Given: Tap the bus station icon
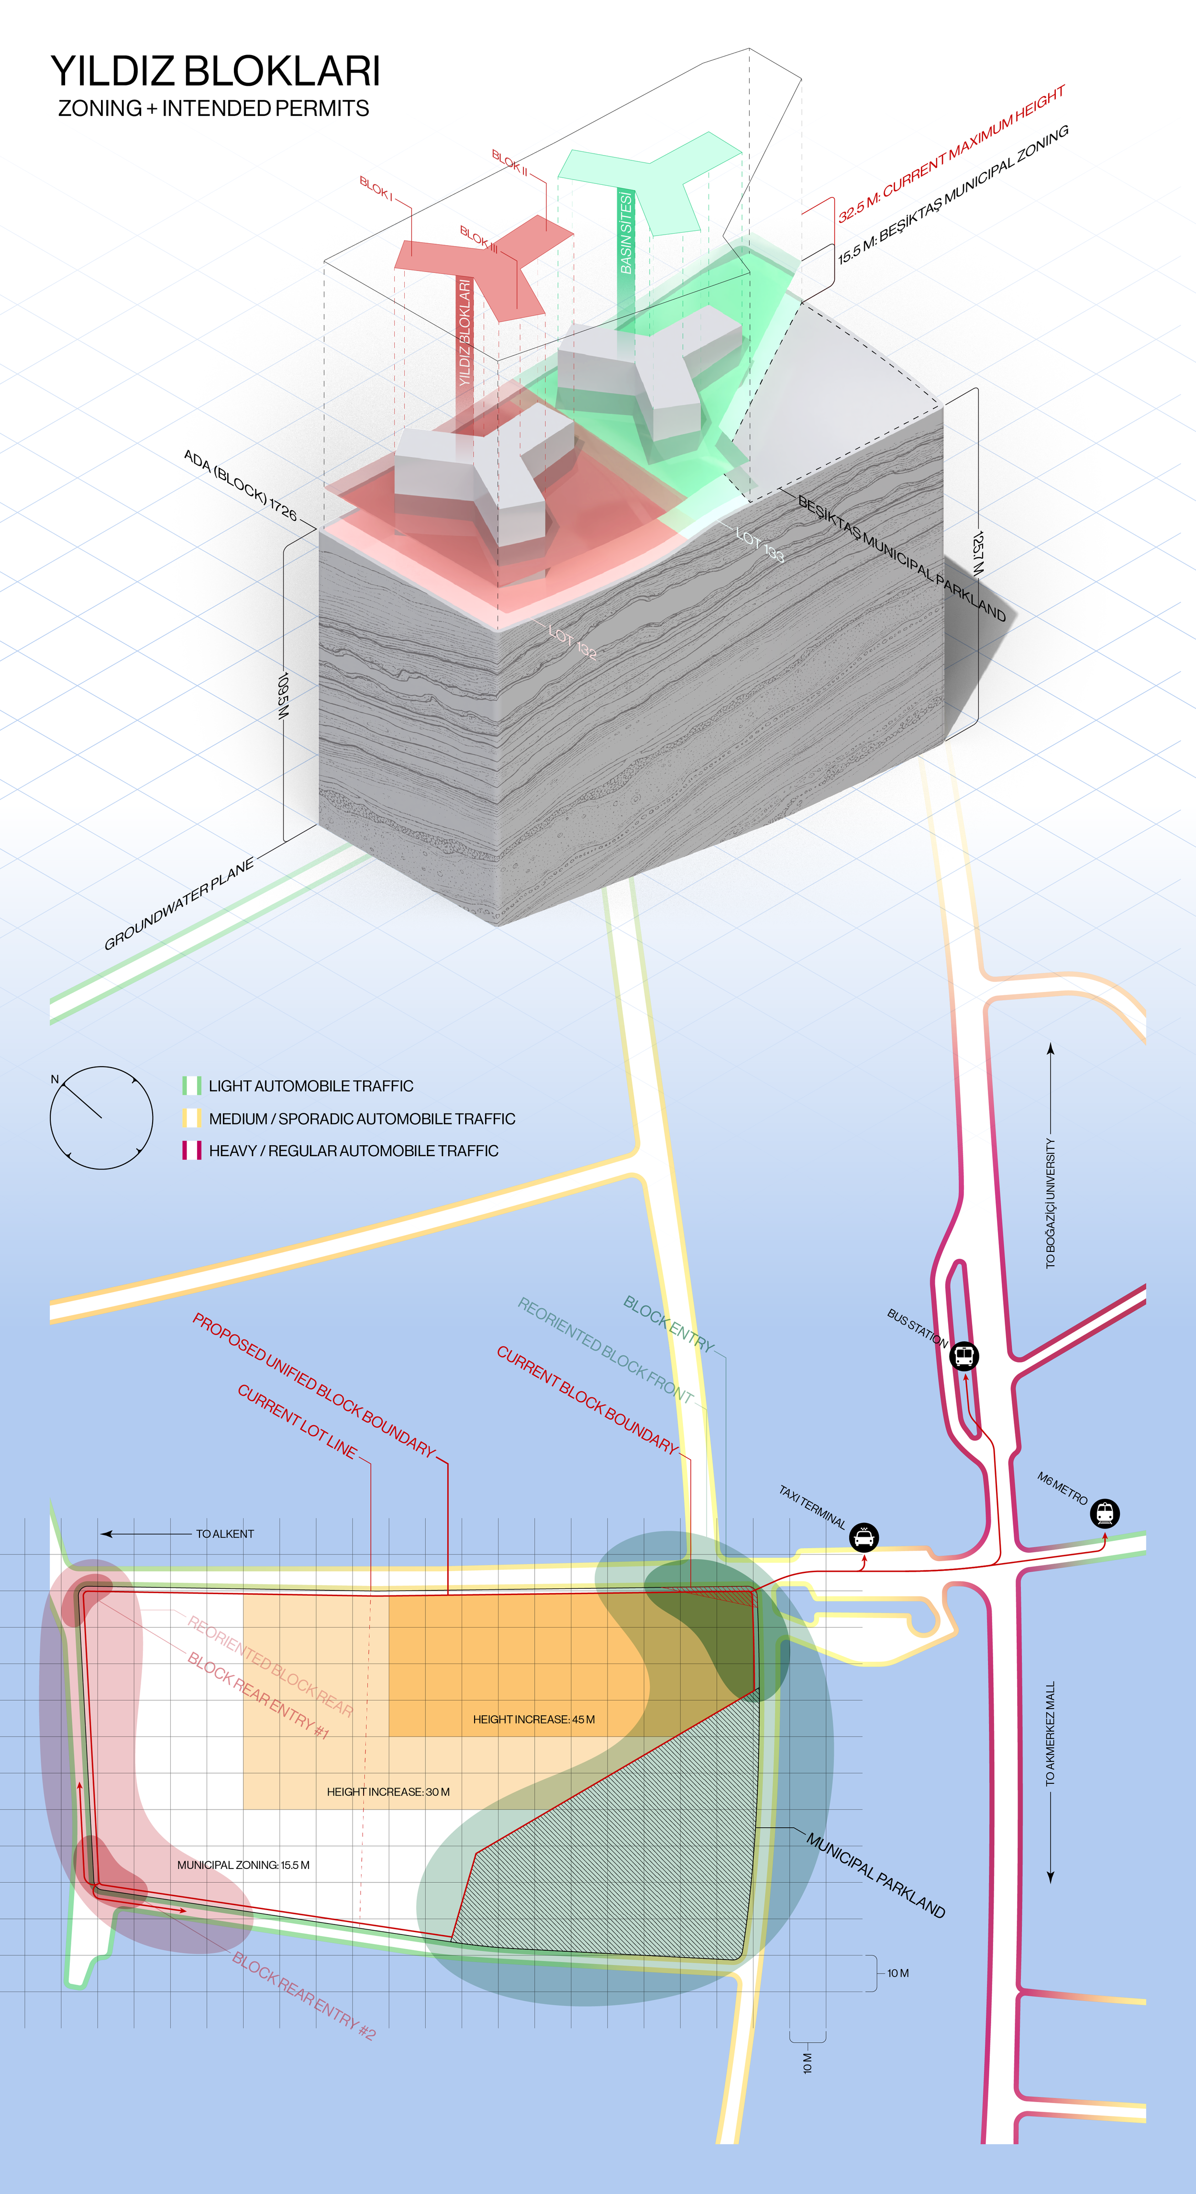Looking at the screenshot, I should point(964,1355).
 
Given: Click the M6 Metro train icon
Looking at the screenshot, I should point(1105,1513).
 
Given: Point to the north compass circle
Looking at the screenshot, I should point(101,1117).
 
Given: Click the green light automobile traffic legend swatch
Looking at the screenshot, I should point(191,1086).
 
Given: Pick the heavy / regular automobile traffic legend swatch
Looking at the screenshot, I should point(191,1151).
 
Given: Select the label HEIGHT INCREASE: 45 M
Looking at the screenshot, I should point(534,1720).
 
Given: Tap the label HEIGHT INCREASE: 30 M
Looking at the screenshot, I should point(388,1792).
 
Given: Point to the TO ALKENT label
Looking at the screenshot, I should point(225,1534).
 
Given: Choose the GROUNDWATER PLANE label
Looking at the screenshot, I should point(179,904).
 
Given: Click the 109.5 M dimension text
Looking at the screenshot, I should point(284,696).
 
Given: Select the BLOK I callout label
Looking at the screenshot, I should point(376,188).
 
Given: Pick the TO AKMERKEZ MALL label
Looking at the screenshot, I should point(1051,1733).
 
